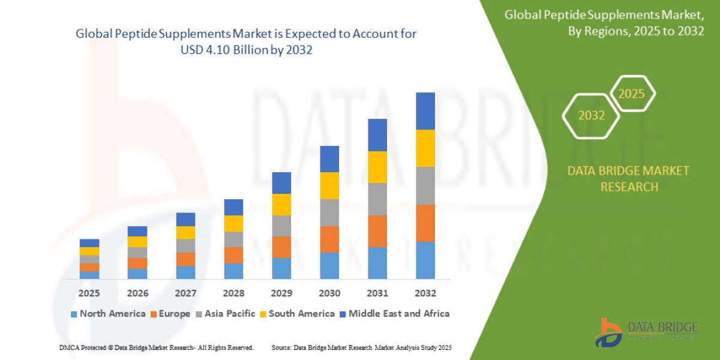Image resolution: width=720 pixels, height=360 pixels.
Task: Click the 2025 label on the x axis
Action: (x=89, y=293)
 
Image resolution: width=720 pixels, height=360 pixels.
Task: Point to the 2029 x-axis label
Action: (x=281, y=293)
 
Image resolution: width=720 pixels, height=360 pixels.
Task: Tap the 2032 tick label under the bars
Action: (x=425, y=293)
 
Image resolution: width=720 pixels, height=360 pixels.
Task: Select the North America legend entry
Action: (x=108, y=314)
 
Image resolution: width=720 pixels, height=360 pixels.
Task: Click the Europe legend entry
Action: (x=170, y=314)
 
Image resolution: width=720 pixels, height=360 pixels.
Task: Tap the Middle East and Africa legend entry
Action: (x=394, y=314)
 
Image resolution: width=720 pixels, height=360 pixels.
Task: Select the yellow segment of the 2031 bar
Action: (x=377, y=167)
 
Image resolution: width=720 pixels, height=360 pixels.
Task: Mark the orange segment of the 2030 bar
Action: (x=329, y=239)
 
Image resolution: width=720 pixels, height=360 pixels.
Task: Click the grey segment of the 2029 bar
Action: (x=281, y=226)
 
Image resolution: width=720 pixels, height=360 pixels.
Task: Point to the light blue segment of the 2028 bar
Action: (x=233, y=271)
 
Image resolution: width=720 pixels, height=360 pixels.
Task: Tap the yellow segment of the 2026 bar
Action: (x=137, y=242)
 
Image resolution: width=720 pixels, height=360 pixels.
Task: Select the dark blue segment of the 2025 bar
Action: (x=89, y=243)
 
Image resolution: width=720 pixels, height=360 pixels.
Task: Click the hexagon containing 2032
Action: (x=591, y=116)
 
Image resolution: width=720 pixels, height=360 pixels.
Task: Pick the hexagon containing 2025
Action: (x=631, y=94)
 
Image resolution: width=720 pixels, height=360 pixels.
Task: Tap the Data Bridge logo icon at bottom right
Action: (x=608, y=332)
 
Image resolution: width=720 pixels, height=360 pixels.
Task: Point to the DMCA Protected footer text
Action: (x=156, y=347)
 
